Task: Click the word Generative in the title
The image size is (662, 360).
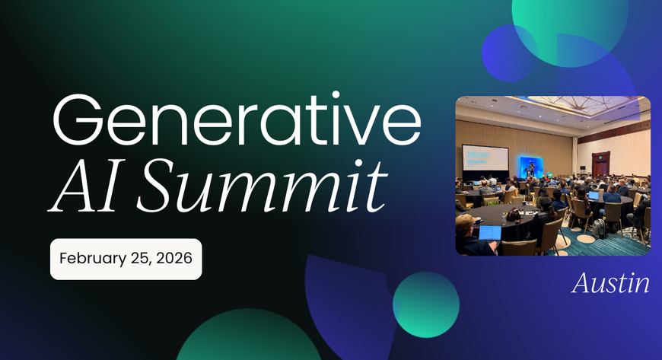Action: [x=236, y=123]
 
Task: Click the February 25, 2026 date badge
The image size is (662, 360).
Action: [x=126, y=258]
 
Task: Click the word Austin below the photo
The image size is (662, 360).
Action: [x=610, y=284]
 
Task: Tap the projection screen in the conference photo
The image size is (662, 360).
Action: [x=485, y=159]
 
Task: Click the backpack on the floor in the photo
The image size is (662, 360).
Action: [x=599, y=228]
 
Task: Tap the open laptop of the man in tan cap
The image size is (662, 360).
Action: [x=489, y=232]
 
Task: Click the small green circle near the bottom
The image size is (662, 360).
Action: [x=425, y=304]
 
